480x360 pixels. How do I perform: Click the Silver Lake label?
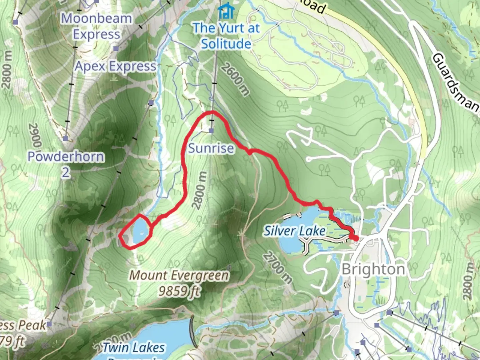click(x=295, y=231)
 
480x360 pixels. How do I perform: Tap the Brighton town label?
click(x=373, y=269)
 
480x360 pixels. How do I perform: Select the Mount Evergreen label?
click(x=179, y=275)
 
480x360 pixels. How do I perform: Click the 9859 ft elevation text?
click(x=179, y=291)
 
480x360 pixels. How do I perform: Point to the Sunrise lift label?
click(x=211, y=148)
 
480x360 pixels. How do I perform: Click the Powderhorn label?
click(x=66, y=156)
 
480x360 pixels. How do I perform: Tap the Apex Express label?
click(x=115, y=66)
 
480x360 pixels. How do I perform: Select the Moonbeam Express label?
click(x=97, y=26)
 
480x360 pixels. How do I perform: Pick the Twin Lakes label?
click(x=133, y=348)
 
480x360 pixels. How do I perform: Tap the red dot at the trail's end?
click(x=356, y=238)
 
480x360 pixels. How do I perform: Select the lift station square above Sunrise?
click(x=211, y=131)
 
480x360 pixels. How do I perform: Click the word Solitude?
click(x=226, y=44)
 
